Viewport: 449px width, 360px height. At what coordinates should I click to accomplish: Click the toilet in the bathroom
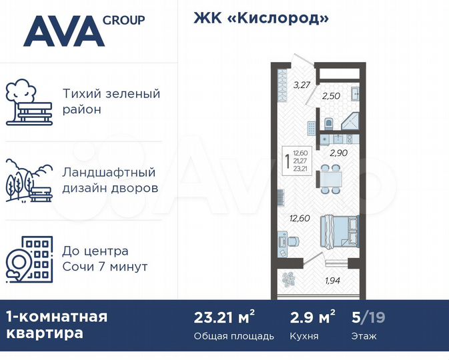pyautogui.click(x=330, y=122)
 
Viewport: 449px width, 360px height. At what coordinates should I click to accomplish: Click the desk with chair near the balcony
pyautogui.click(x=285, y=244)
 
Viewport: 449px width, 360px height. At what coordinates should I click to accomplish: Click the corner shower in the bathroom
pyautogui.click(x=351, y=121)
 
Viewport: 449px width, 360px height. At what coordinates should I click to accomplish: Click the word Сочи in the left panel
pyautogui.click(x=81, y=267)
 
